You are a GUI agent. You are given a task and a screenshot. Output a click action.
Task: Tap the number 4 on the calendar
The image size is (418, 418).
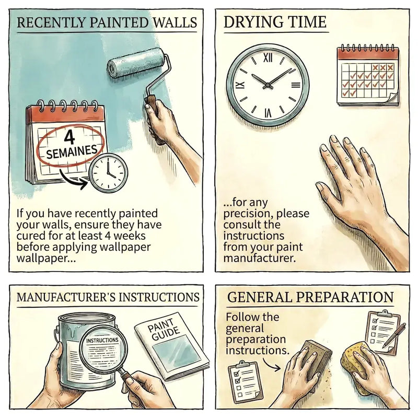point(70,137)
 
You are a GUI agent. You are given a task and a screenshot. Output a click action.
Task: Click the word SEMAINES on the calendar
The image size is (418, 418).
point(72,152)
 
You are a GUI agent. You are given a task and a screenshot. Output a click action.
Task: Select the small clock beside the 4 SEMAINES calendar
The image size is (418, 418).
point(108,173)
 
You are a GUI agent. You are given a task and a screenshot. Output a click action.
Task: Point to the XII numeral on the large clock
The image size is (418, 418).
point(268,58)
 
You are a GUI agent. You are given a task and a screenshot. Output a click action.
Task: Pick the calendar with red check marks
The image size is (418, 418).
point(368,76)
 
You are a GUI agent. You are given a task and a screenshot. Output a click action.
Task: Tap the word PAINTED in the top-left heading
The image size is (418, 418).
point(119,22)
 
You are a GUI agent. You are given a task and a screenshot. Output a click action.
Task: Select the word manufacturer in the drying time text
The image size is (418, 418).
point(259,258)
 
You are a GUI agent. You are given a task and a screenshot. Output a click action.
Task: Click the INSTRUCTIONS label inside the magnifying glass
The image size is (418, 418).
point(102,341)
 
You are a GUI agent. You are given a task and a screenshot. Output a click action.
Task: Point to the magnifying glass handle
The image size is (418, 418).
point(127,376)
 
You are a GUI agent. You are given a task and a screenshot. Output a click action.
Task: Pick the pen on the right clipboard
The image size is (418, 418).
point(394,335)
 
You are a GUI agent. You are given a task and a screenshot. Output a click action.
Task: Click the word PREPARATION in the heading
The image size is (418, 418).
point(345,297)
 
